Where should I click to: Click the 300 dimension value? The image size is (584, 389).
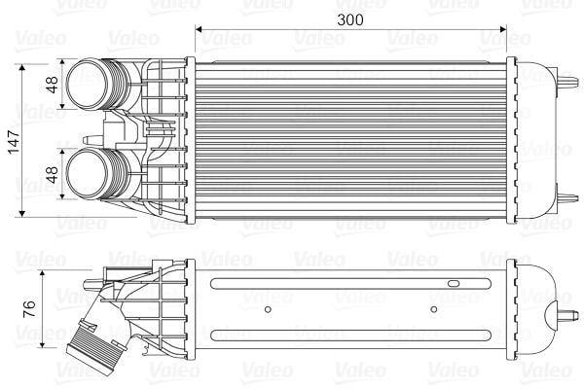(349, 19)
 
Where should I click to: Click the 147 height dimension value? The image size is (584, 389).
(15, 142)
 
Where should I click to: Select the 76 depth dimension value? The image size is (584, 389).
(30, 309)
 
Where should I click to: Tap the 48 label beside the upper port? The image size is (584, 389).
(53, 85)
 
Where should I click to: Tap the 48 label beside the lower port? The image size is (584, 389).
(53, 174)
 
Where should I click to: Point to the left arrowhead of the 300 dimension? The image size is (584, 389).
(199, 29)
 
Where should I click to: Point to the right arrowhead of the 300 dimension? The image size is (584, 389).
(503, 29)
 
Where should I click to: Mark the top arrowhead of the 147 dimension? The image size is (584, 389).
(22, 67)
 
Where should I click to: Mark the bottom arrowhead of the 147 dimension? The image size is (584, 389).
(22, 213)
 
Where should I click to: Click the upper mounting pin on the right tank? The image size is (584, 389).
(568, 83)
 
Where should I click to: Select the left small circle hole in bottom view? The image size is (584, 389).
(268, 309)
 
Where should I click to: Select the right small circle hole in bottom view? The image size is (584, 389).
(433, 309)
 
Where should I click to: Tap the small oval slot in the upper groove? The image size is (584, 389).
(454, 284)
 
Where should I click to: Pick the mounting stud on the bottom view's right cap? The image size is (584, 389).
(568, 315)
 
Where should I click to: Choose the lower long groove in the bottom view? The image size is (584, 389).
(350, 335)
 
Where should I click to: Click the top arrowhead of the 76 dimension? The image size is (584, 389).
(43, 274)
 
